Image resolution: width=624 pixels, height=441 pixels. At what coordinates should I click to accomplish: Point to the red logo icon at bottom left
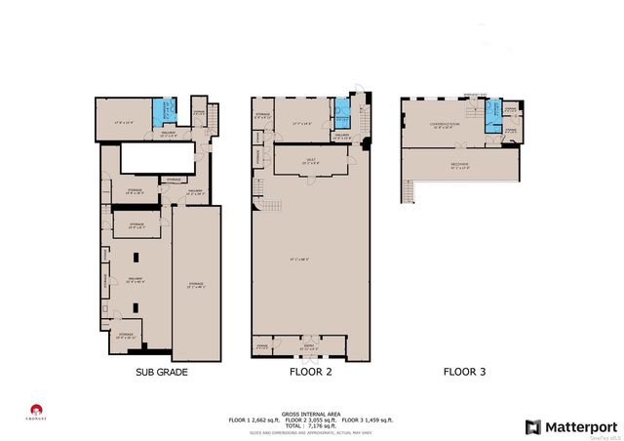pyautogui.click(x=36, y=410)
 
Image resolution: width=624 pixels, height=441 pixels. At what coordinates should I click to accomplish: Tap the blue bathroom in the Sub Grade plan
pyautogui.click(x=166, y=112)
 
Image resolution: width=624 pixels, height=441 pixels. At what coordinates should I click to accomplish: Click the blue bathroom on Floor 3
pyautogui.click(x=493, y=114)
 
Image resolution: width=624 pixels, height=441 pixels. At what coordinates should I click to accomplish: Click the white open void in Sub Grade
pyautogui.click(x=151, y=159)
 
